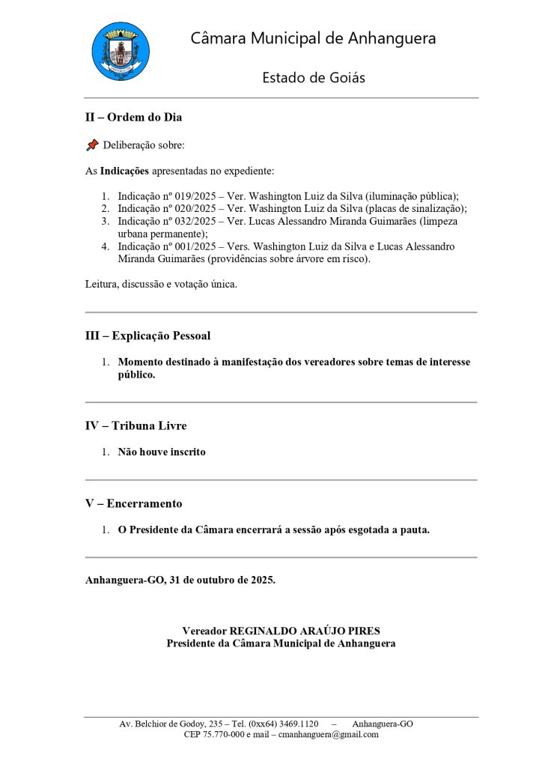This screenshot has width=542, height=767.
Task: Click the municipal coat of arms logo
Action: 121,51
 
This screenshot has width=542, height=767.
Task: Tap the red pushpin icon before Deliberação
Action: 92,145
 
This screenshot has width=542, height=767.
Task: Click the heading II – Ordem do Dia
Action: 133,118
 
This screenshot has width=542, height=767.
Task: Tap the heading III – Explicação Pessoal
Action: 153,336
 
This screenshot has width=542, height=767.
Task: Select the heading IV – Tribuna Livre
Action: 135,425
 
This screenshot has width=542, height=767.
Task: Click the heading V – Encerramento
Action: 133,503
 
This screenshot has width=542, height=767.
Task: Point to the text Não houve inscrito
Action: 162,452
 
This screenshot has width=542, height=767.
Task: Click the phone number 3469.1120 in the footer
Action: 298,724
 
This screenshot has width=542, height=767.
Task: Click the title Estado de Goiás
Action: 314,78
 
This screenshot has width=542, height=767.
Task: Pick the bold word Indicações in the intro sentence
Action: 124,171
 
